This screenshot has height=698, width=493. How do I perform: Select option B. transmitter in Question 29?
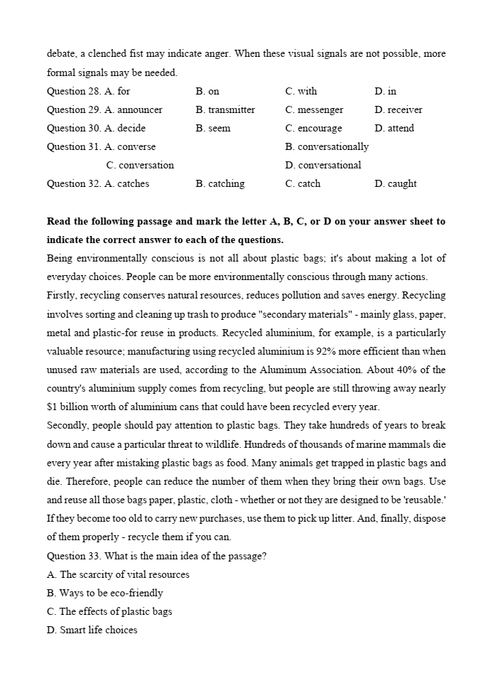coord(225,109)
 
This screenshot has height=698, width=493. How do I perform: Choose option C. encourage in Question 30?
coord(313,128)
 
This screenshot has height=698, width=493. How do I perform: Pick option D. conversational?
coord(323,165)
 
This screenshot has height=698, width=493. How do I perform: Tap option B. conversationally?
coord(327,146)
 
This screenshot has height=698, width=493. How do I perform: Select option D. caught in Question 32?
coord(396,183)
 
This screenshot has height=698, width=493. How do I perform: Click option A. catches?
coord(127,183)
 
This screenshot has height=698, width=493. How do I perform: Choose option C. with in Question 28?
coord(301,91)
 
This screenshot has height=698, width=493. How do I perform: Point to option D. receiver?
coord(399,109)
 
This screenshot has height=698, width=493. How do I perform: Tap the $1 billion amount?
coord(71,407)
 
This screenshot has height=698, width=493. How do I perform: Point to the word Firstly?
coord(65,296)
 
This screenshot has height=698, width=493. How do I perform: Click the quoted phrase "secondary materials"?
coord(311,314)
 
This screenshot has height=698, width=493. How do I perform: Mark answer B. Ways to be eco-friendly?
coord(105,593)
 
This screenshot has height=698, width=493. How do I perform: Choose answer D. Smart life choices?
coord(92,630)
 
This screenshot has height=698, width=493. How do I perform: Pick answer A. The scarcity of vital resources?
coord(118,574)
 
